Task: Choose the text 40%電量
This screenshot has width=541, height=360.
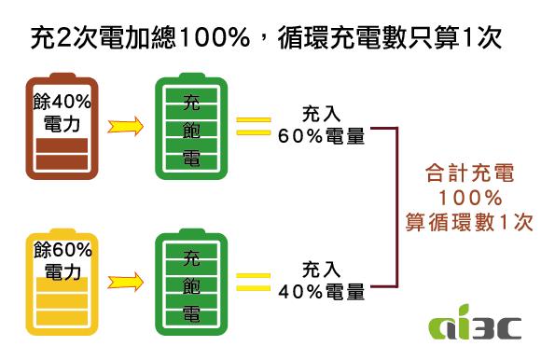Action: [321, 291]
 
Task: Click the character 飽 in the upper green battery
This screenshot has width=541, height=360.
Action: [191, 127]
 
